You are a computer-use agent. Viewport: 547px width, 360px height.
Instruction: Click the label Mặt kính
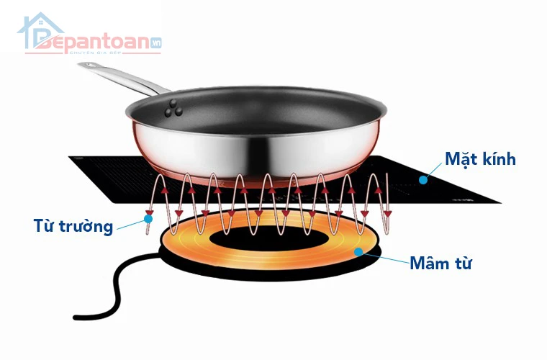click(x=480, y=159)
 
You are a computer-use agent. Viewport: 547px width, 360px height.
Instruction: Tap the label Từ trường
click(x=73, y=226)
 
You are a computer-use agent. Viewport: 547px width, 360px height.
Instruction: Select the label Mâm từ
click(x=440, y=263)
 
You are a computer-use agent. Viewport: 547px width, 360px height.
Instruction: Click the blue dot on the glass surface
click(x=423, y=180)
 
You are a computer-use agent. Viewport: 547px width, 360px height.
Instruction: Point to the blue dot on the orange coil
click(x=358, y=251)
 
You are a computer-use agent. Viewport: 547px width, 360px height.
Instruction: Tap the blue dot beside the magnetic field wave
click(x=148, y=219)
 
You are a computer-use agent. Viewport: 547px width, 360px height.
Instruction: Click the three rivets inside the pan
click(x=173, y=108)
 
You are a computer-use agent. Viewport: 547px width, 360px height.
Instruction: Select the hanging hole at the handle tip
click(x=88, y=65)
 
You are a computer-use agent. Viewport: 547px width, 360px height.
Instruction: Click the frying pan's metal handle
click(x=124, y=78)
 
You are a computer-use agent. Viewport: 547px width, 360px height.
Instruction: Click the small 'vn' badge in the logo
click(x=155, y=43)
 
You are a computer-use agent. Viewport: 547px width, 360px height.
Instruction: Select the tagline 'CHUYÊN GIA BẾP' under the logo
click(x=95, y=53)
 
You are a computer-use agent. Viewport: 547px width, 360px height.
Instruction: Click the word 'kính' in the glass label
click(x=499, y=159)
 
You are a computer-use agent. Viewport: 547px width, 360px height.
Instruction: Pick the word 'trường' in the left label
click(x=86, y=227)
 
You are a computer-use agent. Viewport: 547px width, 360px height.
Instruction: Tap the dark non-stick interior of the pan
click(x=256, y=111)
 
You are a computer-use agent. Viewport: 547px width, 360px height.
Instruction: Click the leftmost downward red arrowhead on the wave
click(x=150, y=212)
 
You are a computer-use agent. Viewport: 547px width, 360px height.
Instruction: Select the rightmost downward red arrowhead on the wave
click(x=387, y=213)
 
